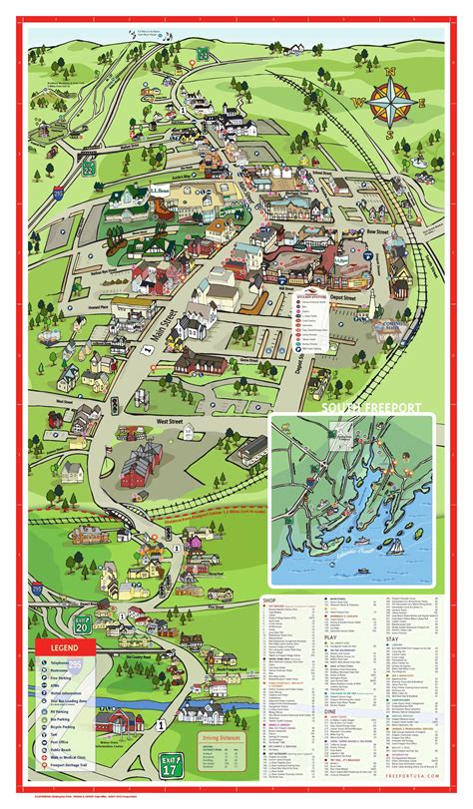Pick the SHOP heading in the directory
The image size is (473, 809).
pos(268,600)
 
